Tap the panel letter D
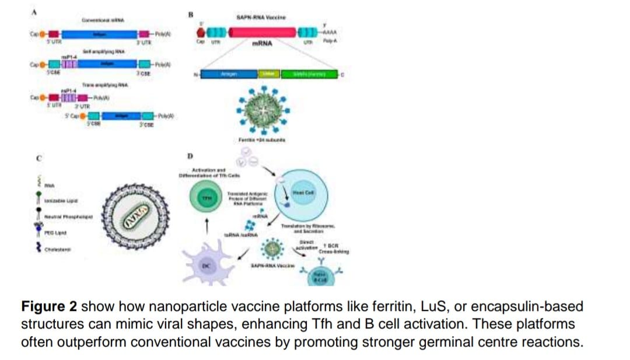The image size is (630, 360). tap(189, 156)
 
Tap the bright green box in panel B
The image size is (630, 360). tap(310, 74)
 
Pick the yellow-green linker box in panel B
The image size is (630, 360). tap(269, 74)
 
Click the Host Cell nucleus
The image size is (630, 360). tap(304, 196)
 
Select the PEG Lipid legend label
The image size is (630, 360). tap(56, 233)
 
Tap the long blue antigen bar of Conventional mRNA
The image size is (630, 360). tap(99, 34)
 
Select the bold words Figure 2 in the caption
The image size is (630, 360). tap(49, 306)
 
